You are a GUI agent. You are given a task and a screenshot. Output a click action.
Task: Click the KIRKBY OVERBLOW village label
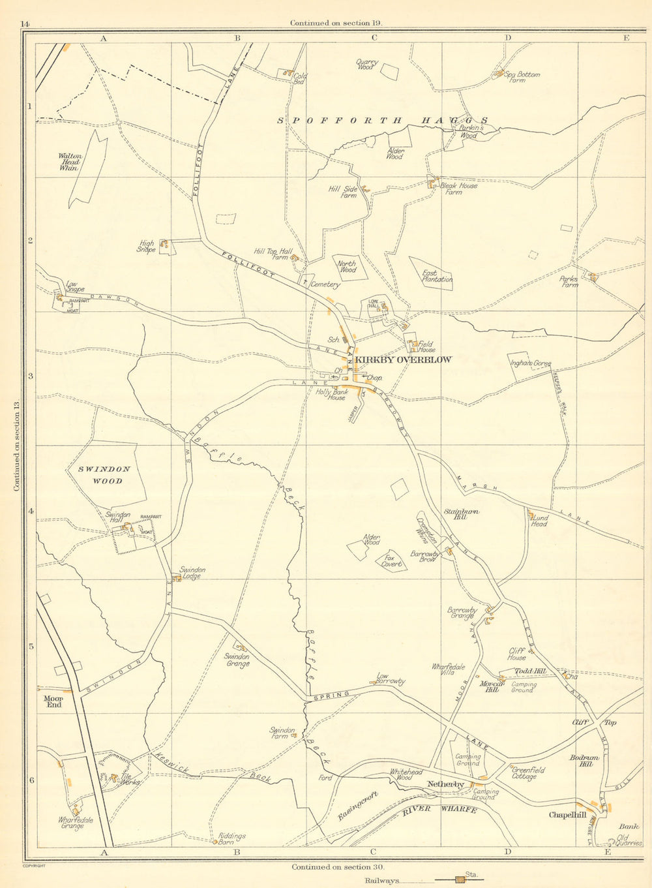pos(402,360)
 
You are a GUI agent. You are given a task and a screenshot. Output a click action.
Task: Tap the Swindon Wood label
pos(104,475)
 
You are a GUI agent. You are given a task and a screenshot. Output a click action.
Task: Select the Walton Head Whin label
pos(70,162)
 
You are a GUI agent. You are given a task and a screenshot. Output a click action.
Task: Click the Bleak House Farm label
pos(458,189)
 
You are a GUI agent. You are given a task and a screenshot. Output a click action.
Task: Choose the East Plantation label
pos(437,276)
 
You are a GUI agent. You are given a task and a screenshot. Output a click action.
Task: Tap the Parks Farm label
pos(569,281)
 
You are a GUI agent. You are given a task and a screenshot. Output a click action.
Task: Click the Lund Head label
pos(539,521)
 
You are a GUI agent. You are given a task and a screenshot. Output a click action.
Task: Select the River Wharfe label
pos(439,810)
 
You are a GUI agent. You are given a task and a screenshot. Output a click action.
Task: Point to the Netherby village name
pos(445,784)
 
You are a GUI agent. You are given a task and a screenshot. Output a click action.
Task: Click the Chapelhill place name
pos(567,815)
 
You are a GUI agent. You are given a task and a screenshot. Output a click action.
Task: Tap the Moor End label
pos(53,701)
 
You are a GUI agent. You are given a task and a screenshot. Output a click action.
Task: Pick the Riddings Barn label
pos(232,839)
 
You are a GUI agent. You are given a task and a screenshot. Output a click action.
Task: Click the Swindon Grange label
pos(237,660)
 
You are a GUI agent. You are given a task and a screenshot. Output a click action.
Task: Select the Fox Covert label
pos(391,561)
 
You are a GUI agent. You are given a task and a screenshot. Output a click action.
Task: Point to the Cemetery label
pos(325,284)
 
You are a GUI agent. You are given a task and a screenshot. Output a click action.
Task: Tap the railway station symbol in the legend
pos(461,881)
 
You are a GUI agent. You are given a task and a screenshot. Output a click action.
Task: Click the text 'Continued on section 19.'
pos(336,23)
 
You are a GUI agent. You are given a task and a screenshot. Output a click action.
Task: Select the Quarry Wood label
pos(365,65)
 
